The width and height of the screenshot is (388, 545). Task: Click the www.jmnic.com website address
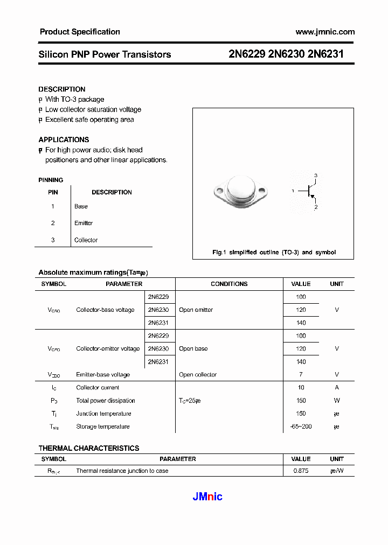(325, 32)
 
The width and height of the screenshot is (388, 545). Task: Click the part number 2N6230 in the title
(286, 54)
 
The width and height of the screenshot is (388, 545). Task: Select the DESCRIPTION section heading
(62, 89)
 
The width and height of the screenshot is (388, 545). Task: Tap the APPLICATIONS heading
(64, 139)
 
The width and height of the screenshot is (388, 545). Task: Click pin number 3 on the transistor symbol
(316, 176)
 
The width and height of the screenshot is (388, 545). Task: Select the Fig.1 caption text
(274, 252)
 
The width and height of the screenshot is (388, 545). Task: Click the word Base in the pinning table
(81, 206)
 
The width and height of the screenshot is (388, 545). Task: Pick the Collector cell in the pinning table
(86, 240)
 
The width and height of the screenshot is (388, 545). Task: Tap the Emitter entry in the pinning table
(84, 223)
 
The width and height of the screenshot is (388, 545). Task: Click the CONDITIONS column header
(229, 284)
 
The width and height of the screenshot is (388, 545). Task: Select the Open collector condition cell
(198, 375)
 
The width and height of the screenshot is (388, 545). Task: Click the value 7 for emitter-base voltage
(301, 375)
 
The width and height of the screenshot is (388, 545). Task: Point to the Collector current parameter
(98, 388)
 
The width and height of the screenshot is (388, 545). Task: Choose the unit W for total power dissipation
(337, 401)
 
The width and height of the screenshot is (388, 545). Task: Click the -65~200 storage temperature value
(301, 427)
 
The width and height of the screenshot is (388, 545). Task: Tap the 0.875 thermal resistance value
(301, 471)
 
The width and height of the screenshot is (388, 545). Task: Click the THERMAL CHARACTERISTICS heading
(89, 448)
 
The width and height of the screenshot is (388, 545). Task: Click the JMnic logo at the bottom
(207, 497)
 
